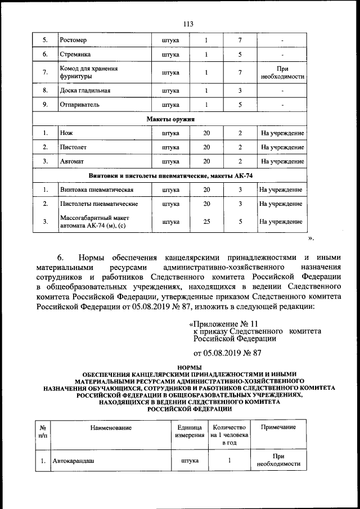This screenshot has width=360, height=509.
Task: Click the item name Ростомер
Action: coord(73,40)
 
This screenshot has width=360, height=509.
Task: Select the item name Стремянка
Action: coord(75,55)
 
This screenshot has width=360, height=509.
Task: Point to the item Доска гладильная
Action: coord(85,90)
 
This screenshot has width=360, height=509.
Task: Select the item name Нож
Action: coord(66,133)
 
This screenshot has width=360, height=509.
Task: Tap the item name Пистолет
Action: coord(73,147)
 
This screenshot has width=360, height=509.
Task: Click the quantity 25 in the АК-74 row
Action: coord(206,222)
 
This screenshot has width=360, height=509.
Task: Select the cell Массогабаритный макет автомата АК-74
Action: coord(94,222)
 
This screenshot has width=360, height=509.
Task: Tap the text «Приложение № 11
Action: coord(223,324)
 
